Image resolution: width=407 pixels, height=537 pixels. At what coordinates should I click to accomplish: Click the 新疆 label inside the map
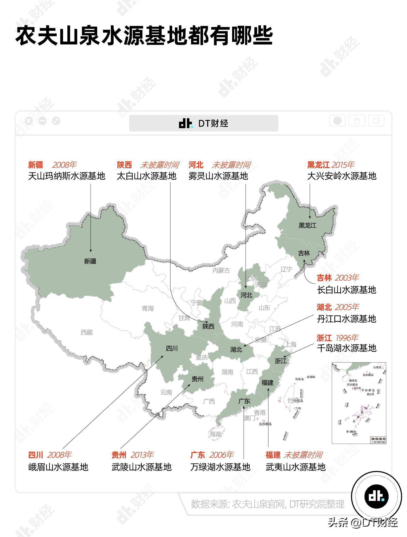[90, 261]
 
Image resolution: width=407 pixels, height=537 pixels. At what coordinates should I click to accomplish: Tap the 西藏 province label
[87, 332]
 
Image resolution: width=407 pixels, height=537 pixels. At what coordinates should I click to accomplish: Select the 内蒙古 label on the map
[221, 270]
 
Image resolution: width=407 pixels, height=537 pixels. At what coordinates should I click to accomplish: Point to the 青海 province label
[148, 308]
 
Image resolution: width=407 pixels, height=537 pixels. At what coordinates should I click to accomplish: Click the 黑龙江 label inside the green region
[307, 225]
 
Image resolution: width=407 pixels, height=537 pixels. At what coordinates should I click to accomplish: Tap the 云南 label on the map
[166, 392]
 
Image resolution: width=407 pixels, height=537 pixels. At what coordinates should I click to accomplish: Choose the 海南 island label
[215, 434]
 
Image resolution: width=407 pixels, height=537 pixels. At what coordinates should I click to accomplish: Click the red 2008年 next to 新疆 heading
[64, 165]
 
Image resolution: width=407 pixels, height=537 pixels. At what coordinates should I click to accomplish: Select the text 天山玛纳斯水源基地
[67, 176]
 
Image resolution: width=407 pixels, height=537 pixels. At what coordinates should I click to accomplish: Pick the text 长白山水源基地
[346, 290]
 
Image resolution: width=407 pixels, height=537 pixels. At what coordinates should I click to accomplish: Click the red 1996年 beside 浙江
[347, 338]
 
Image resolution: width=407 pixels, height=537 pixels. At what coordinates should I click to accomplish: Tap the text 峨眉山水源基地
[58, 467]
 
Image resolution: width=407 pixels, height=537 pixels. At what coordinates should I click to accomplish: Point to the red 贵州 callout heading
[119, 455]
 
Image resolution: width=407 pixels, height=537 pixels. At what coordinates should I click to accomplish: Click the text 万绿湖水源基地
[220, 467]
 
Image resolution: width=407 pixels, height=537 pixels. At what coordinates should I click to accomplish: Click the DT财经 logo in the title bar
[203, 123]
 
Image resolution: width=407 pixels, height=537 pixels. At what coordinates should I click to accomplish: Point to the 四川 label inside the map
[172, 348]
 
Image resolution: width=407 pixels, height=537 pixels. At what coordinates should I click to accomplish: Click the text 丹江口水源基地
[346, 319]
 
